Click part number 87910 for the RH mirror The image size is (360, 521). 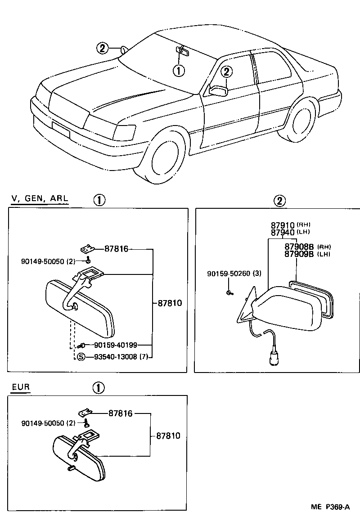click(282, 225)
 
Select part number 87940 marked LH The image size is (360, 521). click(282, 232)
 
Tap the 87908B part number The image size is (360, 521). click(299, 247)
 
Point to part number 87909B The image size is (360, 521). click(299, 254)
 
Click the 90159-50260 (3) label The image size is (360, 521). click(234, 274)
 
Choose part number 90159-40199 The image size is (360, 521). click(115, 345)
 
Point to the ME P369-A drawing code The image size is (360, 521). click(330, 507)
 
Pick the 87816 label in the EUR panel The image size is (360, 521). click(120, 413)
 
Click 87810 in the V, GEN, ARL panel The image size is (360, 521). click(170, 303)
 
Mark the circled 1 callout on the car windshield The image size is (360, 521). click(179, 71)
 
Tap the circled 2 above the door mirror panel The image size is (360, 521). click(279, 201)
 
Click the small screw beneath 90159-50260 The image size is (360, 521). click(229, 293)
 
